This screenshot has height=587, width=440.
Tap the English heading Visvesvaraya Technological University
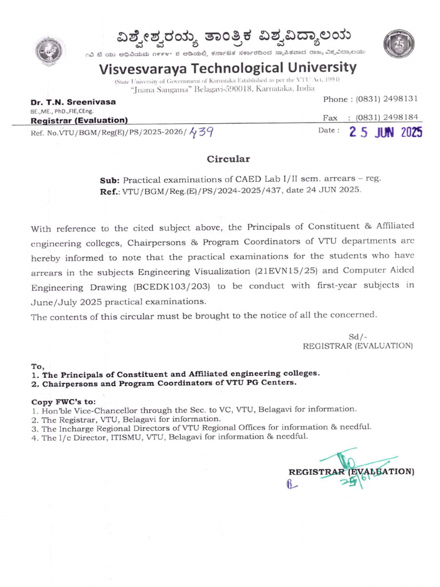228,68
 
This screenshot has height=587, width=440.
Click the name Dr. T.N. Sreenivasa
73,101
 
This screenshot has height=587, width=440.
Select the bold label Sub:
110,179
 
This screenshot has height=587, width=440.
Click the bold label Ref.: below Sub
110,190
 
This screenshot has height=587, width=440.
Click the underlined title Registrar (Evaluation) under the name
78,120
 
